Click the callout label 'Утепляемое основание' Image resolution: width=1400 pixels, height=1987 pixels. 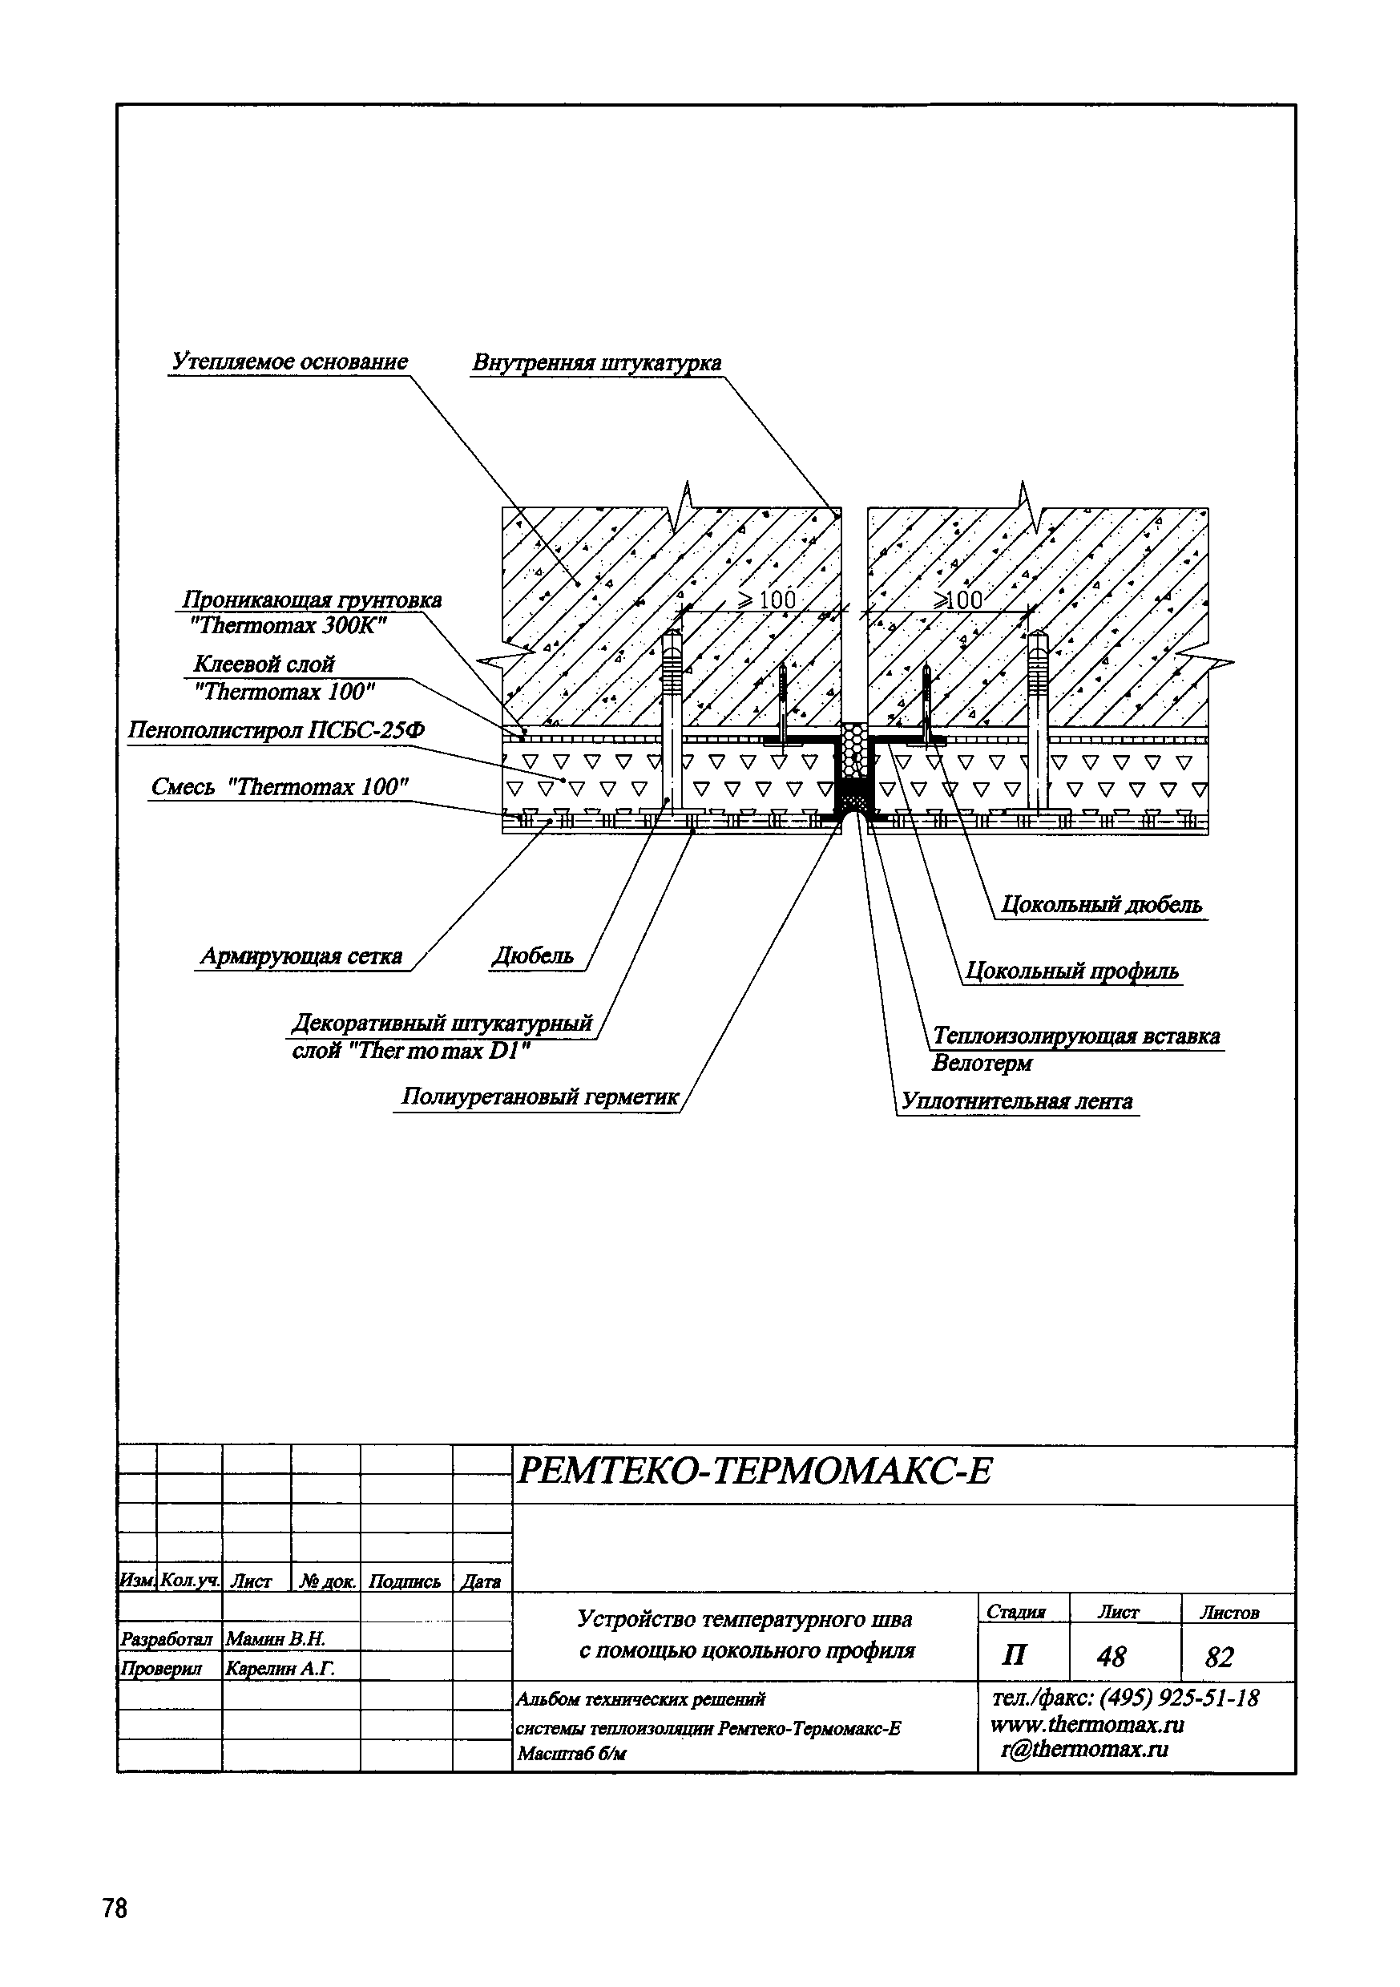pos(289,361)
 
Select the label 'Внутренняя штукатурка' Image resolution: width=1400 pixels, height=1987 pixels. pos(596,362)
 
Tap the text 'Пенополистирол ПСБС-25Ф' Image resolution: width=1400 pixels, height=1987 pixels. pos(276,731)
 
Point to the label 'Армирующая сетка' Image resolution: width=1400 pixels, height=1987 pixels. pos(301,956)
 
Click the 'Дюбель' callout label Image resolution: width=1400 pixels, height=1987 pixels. pos(533,956)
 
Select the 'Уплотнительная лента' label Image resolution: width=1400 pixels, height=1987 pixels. pos(1017,1101)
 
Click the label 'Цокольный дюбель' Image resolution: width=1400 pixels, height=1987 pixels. pos(1100,905)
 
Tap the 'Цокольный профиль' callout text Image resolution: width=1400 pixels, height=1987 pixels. pos(1072,971)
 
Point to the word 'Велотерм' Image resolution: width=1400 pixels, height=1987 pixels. pos(982,1063)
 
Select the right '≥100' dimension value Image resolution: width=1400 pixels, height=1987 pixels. pos(958,600)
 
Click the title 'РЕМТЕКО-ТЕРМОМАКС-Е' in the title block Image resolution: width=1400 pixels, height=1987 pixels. pos(753,1470)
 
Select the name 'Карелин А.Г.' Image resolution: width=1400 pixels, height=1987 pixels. pos(280,1668)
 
